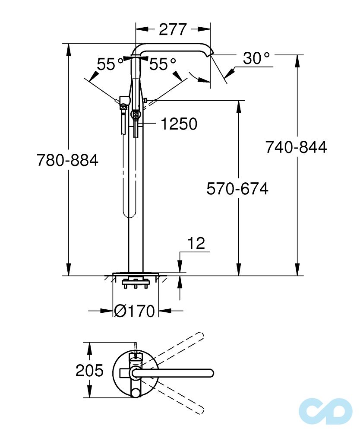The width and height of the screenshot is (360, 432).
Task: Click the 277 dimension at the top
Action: click(x=173, y=29)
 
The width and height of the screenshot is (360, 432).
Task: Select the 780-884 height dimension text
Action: click(x=67, y=161)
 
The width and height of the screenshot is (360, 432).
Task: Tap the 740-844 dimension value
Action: click(x=296, y=147)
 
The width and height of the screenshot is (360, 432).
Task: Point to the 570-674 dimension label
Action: click(x=237, y=189)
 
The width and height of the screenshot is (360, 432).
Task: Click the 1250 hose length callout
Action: click(x=179, y=124)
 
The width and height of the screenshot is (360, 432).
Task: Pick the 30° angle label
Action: click(x=256, y=58)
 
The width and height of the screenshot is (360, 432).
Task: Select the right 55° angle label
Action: click(x=163, y=64)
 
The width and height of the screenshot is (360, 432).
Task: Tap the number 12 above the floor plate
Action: click(x=196, y=244)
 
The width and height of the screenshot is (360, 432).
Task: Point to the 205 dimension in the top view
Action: click(x=90, y=370)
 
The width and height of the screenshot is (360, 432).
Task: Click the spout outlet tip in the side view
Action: click(x=211, y=54)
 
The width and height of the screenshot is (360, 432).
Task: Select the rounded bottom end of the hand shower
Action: click(x=128, y=213)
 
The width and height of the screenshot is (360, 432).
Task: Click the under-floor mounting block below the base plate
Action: click(x=136, y=284)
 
